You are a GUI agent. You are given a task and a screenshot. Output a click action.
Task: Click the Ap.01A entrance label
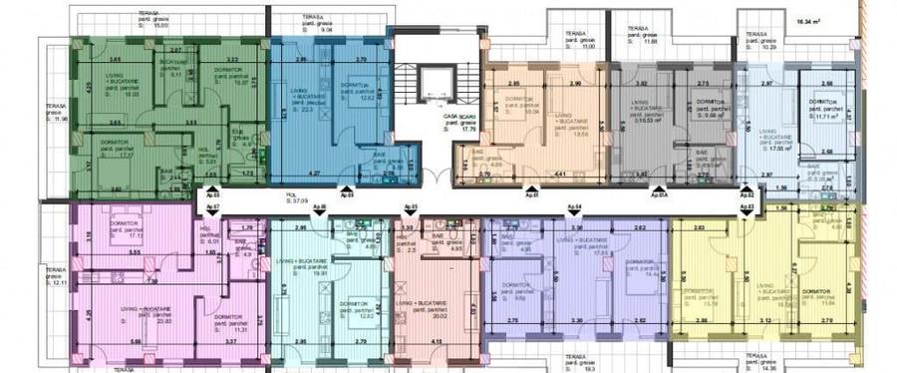[658, 197]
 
